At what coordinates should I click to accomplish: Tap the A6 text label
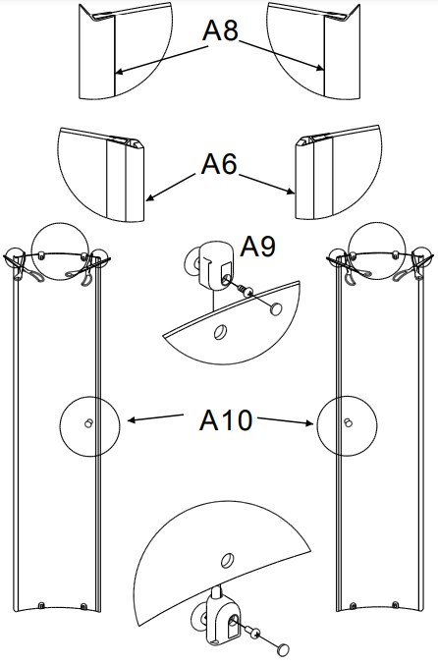click(x=219, y=164)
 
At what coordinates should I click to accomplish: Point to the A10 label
click(x=226, y=420)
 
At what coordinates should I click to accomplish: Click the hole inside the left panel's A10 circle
click(x=88, y=424)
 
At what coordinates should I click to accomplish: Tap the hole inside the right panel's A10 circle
click(x=347, y=424)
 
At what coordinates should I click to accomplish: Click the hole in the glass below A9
click(x=220, y=332)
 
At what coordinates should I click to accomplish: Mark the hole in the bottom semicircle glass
click(x=225, y=560)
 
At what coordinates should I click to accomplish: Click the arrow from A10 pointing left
click(x=157, y=419)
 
